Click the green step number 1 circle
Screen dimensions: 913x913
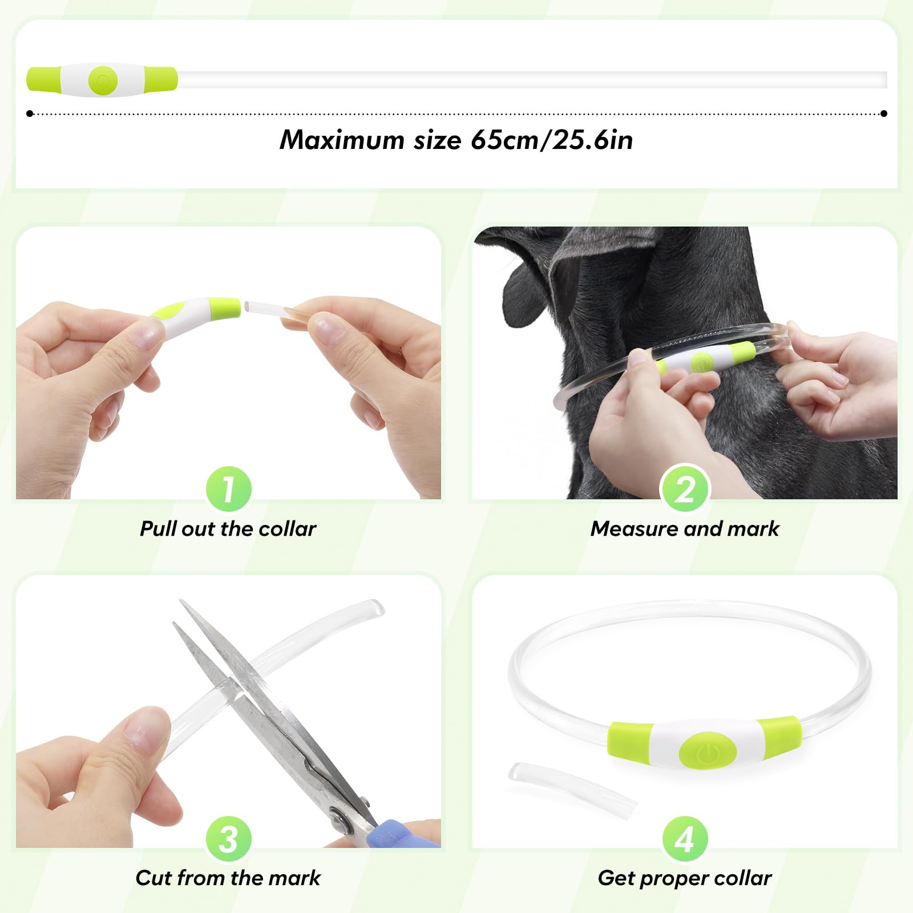228,489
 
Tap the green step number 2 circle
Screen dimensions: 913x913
685,489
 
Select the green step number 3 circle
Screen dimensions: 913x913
228,838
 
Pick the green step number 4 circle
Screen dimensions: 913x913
685,838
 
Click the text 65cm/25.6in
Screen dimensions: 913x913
551,140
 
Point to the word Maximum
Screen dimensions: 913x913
342,140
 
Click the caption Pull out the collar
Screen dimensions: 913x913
228,529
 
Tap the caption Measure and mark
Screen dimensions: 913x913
685,529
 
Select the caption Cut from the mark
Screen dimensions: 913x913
228,878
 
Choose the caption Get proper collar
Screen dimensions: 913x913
685,878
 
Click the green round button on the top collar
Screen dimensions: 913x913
103,80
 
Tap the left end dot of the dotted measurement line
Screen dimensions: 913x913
30,114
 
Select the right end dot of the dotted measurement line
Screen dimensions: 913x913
884,114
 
